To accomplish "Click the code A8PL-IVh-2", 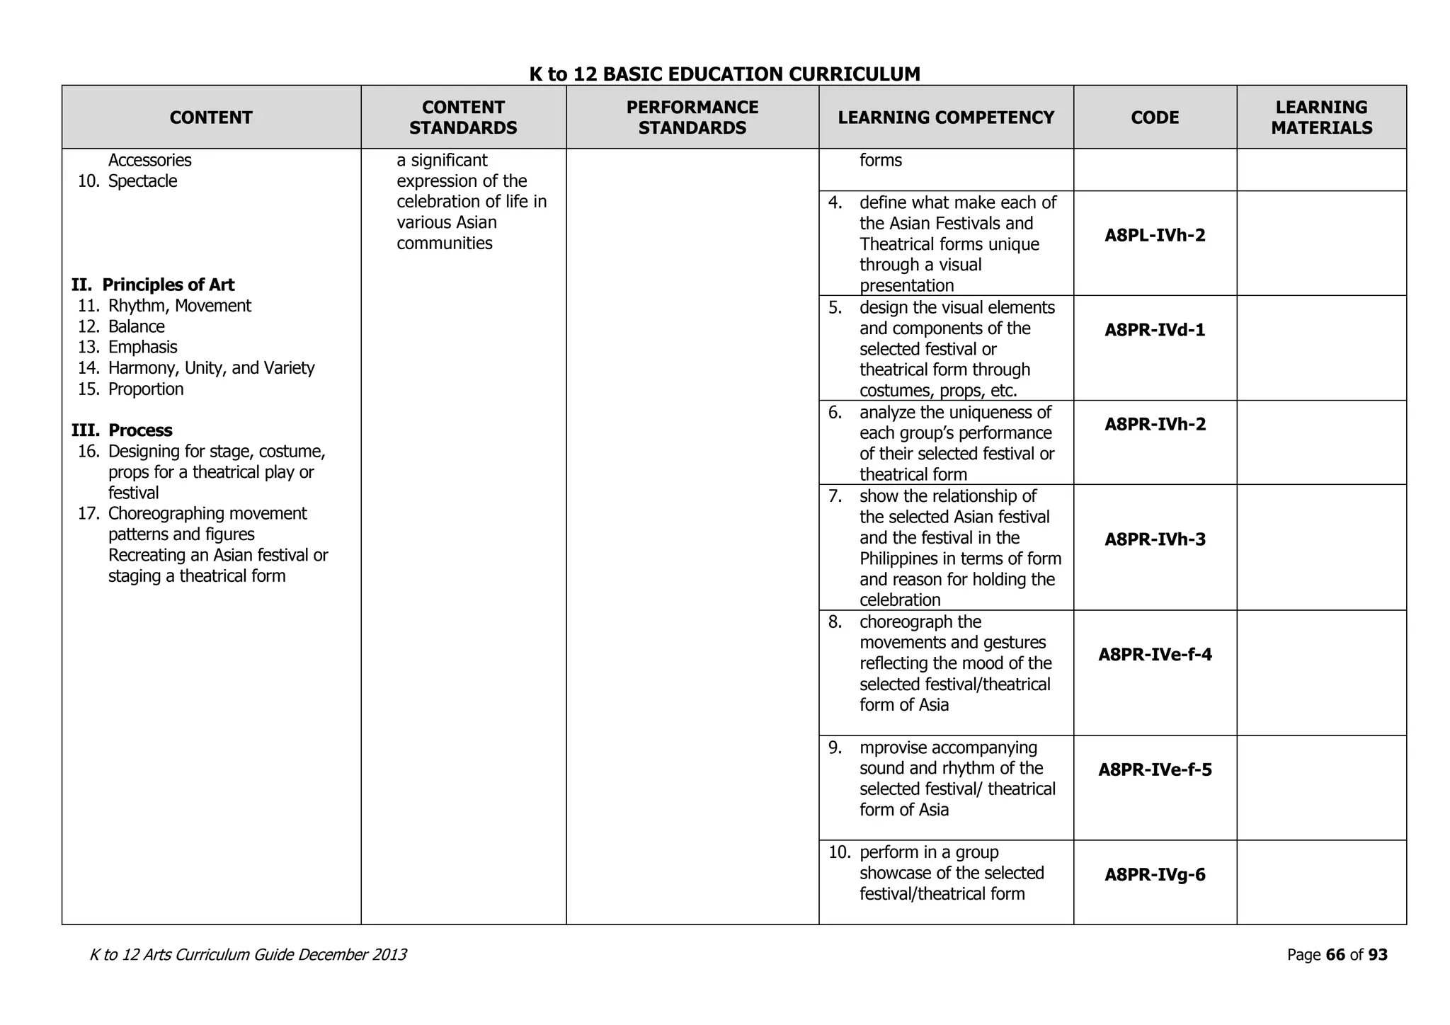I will point(1155,235).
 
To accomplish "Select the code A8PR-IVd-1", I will point(1155,330).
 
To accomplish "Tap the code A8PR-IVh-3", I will point(1155,539).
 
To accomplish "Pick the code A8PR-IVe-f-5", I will point(1155,769).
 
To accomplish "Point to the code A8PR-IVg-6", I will point(1155,875).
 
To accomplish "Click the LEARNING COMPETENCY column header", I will point(946,118).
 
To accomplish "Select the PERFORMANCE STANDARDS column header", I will point(692,118).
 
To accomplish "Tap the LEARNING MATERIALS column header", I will point(1321,118).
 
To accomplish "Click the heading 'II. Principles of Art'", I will point(153,285).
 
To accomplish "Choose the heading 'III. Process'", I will point(122,430).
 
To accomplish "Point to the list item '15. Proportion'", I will point(130,389).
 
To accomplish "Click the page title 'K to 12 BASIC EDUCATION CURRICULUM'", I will point(724,74).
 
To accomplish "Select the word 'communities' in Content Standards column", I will point(444,244).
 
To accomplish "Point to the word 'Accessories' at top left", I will point(149,161).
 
